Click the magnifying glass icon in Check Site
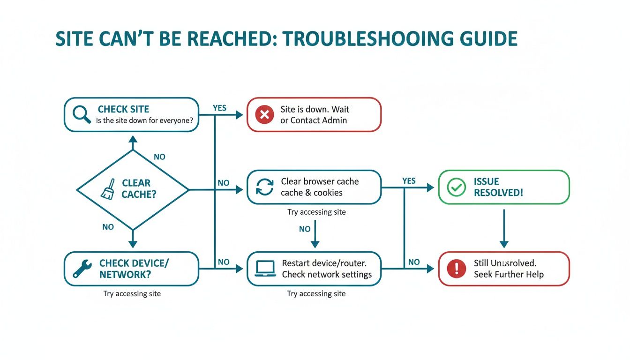82,114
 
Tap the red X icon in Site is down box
264,114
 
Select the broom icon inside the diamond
108,189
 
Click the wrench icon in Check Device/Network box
82,269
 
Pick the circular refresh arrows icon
264,187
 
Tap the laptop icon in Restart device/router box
265,269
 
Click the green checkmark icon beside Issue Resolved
456,187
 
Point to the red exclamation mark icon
456,269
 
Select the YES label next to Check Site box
219,108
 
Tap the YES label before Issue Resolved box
409,181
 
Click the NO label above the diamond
159,157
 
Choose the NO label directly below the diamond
108,227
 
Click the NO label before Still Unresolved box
414,262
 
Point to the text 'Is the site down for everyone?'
144,120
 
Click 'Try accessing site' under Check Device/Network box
132,294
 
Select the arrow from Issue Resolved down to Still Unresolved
504,228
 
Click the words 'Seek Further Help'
509,275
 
